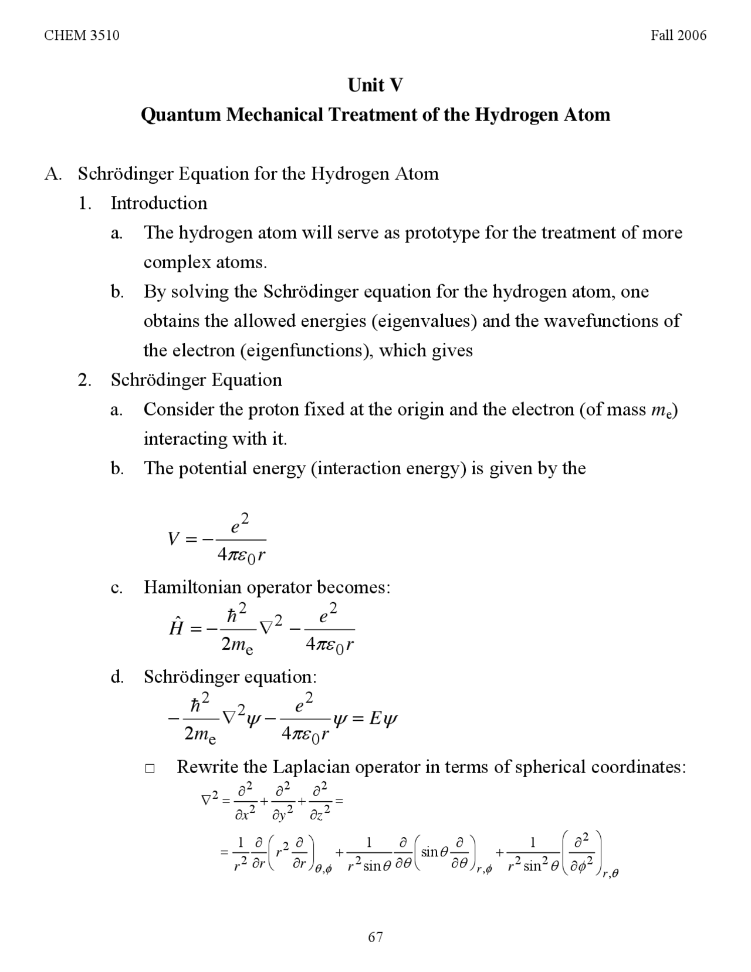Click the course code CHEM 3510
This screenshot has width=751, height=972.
[x=82, y=36]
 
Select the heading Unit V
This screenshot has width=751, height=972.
[x=375, y=85]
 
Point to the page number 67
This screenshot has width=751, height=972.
[x=375, y=937]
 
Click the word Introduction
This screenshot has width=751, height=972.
[x=159, y=203]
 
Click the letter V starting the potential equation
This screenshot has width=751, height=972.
[x=173, y=539]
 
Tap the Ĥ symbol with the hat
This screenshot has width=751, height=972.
[x=176, y=627]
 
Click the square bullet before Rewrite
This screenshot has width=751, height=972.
[x=150, y=768]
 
